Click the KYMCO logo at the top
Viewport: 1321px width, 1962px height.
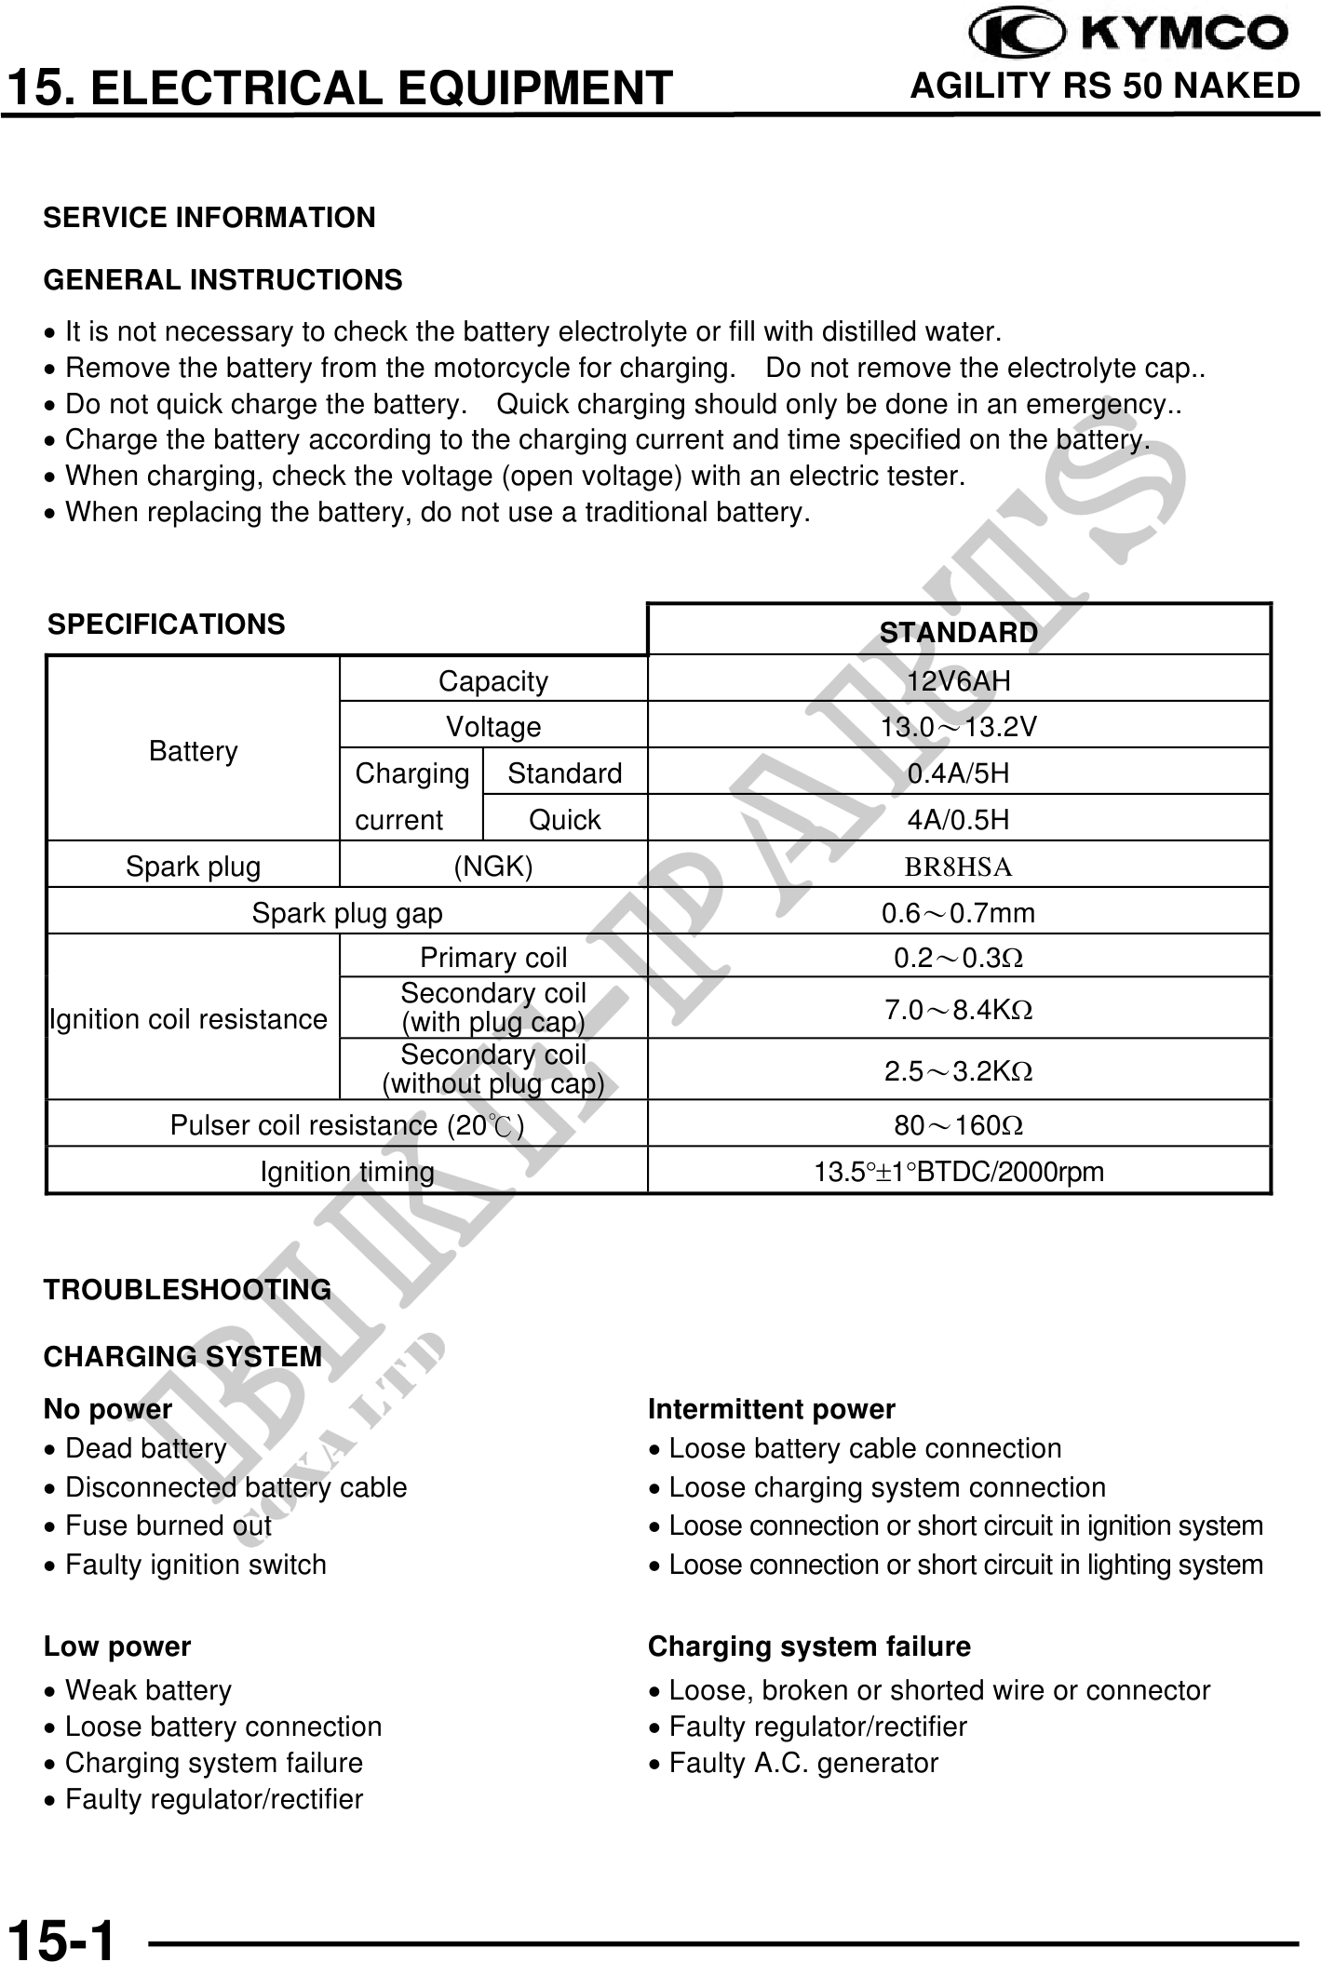tap(1128, 34)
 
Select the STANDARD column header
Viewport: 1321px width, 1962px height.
tap(958, 632)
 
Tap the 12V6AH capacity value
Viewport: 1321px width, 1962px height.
tap(958, 681)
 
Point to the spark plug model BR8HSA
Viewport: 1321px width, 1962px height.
tap(958, 867)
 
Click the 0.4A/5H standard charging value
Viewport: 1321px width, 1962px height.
tap(958, 773)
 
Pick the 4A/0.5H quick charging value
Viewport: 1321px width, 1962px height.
tap(958, 820)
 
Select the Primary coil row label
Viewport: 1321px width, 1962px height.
tap(493, 957)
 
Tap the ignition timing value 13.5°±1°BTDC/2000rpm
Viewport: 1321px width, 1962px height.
tap(958, 1172)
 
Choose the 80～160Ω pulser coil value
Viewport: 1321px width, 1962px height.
tap(958, 1125)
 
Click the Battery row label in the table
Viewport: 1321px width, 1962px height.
tap(194, 751)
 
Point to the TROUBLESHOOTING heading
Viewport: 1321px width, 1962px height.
tap(187, 1289)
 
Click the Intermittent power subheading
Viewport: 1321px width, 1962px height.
tap(771, 1409)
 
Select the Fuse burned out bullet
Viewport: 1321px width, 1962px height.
tap(168, 1525)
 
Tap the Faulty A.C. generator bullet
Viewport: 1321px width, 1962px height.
tap(803, 1763)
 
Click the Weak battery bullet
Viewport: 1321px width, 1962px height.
tap(148, 1689)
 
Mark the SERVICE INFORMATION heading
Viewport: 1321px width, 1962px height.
tap(209, 218)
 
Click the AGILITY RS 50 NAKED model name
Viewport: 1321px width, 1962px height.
tap(1104, 87)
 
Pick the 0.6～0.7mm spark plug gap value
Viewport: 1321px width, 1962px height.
tap(958, 913)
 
